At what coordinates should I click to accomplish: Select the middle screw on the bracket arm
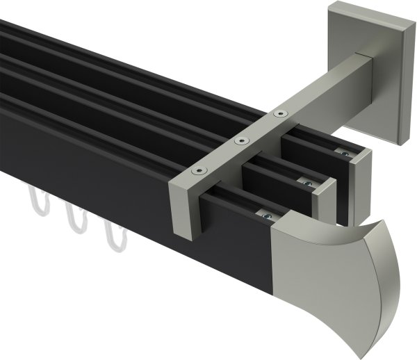[241, 140]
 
